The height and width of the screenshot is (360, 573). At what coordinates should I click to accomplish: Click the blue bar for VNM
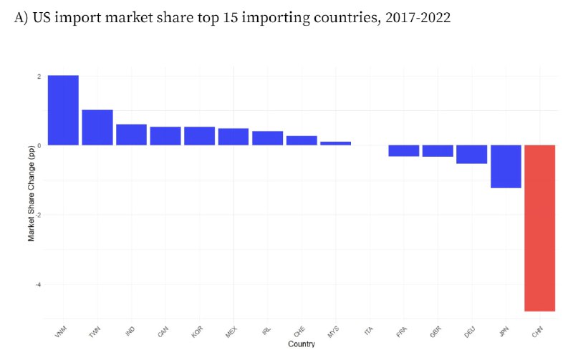(x=63, y=110)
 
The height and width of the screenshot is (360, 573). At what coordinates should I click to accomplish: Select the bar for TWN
(x=97, y=127)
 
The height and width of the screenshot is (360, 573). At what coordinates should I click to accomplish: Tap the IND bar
(x=131, y=135)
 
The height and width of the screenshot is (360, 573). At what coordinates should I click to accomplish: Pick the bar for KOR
(x=199, y=136)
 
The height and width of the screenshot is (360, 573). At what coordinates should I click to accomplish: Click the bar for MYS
(x=335, y=143)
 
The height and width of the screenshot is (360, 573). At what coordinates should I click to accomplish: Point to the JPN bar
(x=506, y=166)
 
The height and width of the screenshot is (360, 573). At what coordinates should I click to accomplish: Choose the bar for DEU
(x=471, y=154)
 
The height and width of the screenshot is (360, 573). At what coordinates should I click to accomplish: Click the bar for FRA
(x=403, y=150)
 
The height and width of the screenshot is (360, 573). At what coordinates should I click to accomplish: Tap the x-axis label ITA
(x=369, y=332)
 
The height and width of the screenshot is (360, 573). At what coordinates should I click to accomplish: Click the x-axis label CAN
(x=164, y=333)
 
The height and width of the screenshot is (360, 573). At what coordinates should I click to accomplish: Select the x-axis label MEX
(x=232, y=333)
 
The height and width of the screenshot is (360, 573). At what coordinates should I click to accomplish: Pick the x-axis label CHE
(x=300, y=333)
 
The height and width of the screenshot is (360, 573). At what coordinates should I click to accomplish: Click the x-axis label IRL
(x=266, y=332)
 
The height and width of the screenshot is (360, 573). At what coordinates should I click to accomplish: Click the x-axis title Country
(x=302, y=345)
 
